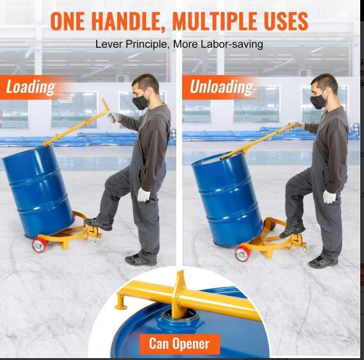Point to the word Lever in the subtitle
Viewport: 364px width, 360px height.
(x=109, y=44)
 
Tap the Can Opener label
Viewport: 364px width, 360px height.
(x=180, y=344)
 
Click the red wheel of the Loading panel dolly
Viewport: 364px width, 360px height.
(x=39, y=245)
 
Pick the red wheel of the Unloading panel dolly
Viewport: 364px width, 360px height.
(x=242, y=254)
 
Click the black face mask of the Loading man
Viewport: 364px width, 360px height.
(x=140, y=100)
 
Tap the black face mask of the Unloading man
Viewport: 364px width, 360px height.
(x=318, y=100)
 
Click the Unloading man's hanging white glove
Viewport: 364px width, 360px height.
(x=329, y=197)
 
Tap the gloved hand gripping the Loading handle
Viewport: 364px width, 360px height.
(x=113, y=117)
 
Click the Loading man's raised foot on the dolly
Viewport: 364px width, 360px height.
(x=98, y=224)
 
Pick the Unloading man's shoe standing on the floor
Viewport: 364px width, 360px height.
(x=323, y=262)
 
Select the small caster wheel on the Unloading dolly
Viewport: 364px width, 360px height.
(x=305, y=251)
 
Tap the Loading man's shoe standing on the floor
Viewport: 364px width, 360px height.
(x=140, y=260)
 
